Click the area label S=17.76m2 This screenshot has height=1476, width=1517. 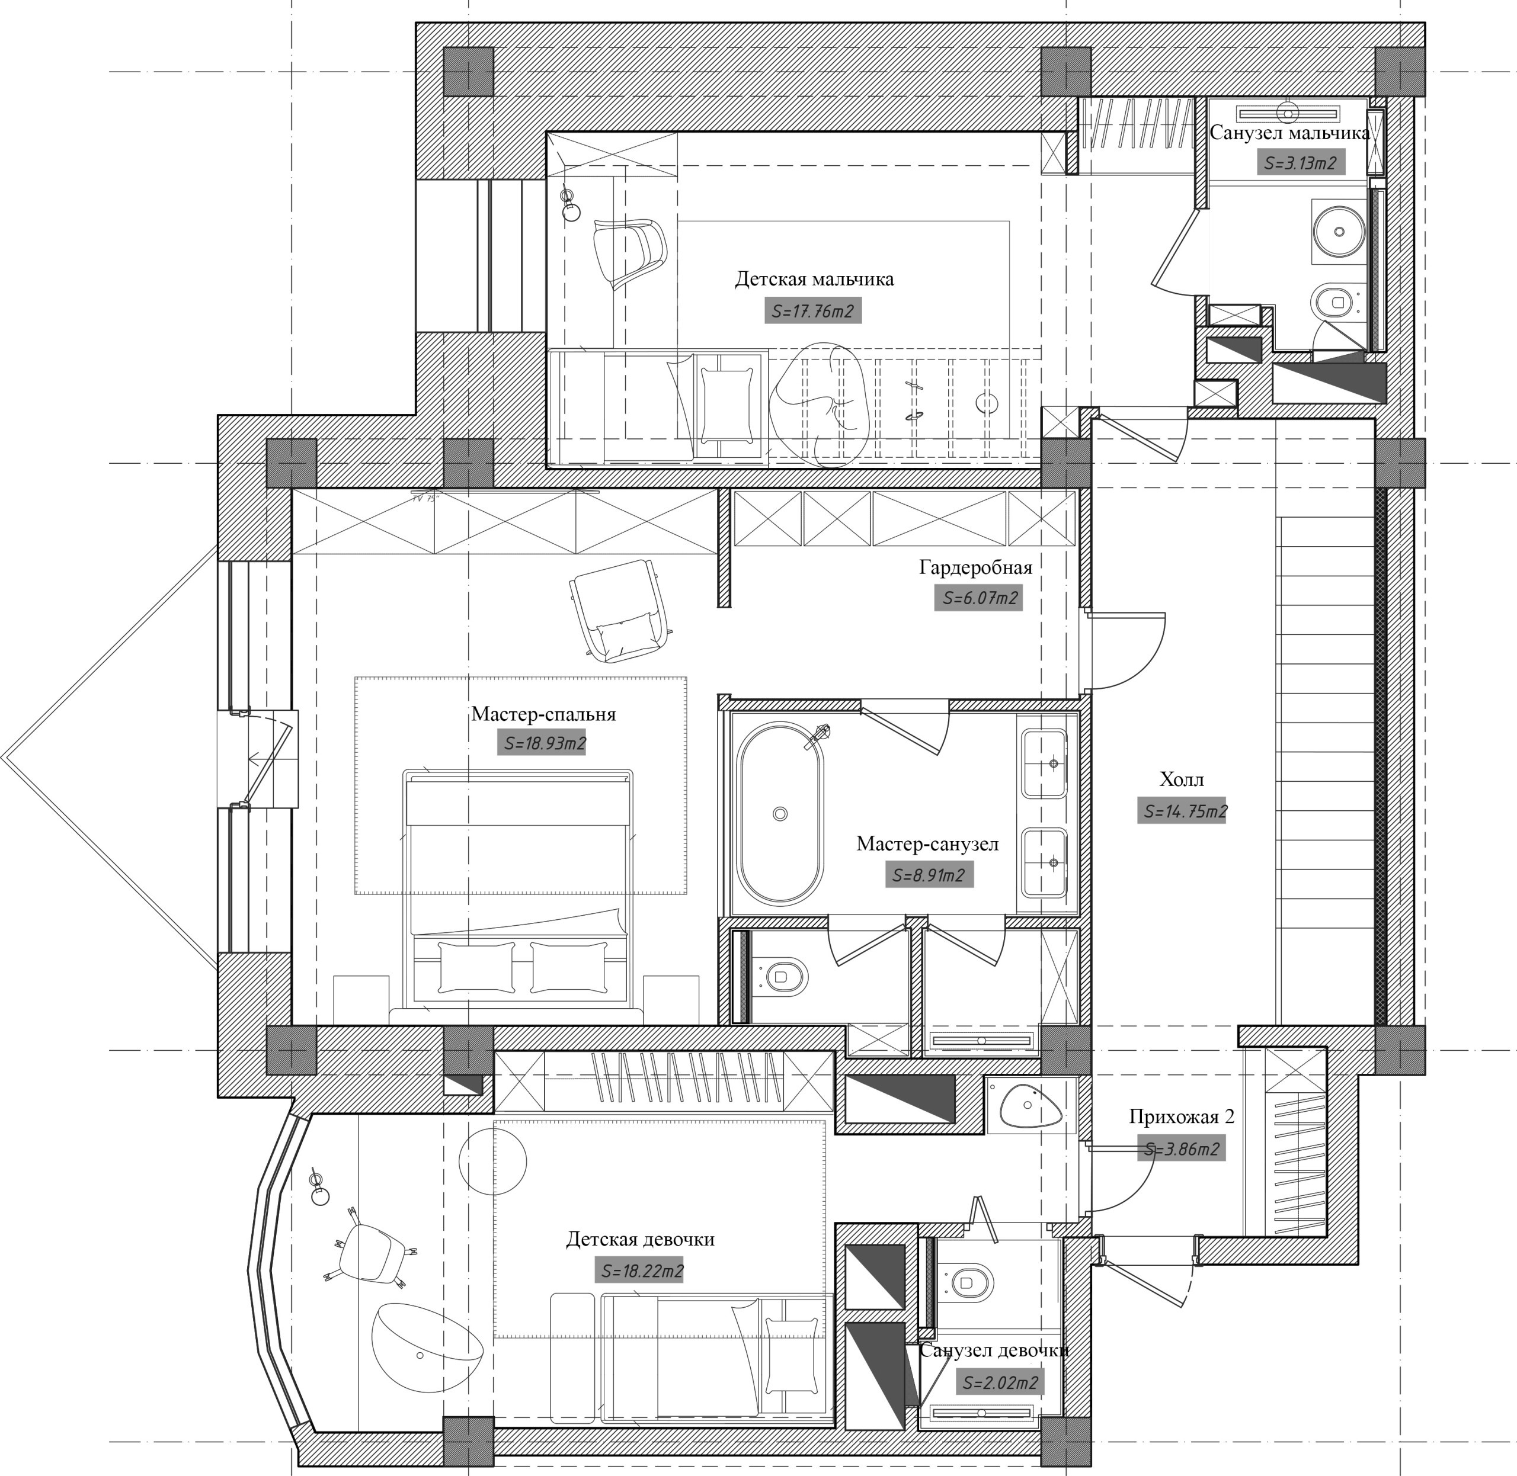click(813, 312)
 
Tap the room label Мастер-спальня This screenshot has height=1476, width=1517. click(543, 714)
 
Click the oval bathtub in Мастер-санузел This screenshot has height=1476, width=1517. click(779, 813)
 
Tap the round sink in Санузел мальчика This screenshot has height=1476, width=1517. click(1339, 230)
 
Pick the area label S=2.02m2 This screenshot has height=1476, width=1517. click(999, 1383)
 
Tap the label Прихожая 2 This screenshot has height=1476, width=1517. click(1181, 1117)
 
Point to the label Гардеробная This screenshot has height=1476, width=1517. click(975, 567)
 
